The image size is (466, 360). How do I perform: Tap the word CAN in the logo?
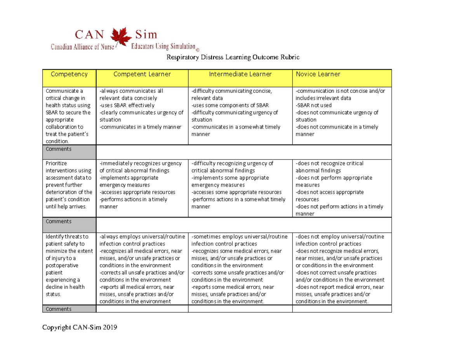tap(89, 35)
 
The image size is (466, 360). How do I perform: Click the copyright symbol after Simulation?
tap(197, 50)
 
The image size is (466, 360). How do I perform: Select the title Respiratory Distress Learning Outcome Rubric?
tap(233, 58)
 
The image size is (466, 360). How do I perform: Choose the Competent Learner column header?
tap(142, 74)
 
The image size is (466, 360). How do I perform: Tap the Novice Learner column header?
tap(318, 74)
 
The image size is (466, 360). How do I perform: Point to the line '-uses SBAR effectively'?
tap(127, 105)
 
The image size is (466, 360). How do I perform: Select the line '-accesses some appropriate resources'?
tap(236, 192)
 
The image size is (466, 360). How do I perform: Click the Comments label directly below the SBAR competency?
tap(58, 149)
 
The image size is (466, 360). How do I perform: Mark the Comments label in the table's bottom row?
tap(58, 309)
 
